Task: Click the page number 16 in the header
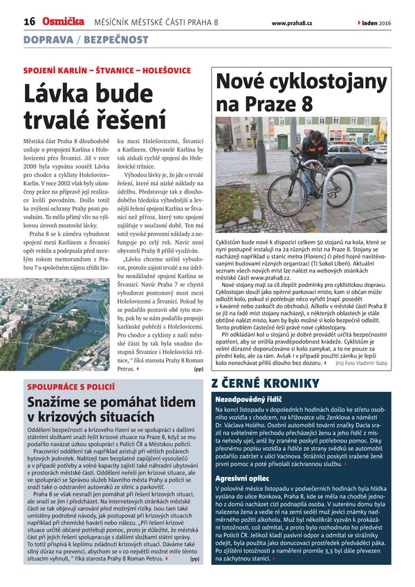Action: tap(29, 22)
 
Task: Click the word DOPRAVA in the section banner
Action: tap(48, 40)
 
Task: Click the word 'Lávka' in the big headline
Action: tap(55, 93)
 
